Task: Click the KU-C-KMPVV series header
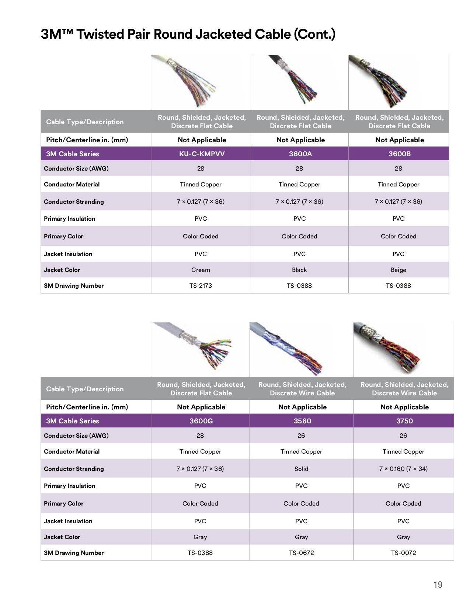tap(201, 154)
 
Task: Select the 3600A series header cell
tap(299, 154)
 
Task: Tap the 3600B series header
tap(398, 154)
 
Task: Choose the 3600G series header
tap(201, 421)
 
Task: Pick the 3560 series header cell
tap(302, 421)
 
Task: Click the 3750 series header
tap(404, 421)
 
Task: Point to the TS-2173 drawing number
tap(201, 286)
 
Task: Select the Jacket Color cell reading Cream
tap(201, 270)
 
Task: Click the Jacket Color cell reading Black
tap(299, 270)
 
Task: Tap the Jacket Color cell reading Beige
tap(398, 270)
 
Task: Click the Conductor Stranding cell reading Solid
tap(302, 469)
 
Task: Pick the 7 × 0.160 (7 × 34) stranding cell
tap(404, 469)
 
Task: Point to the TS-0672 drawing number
tap(302, 553)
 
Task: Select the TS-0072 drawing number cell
tap(404, 553)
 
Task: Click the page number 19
tap(438, 585)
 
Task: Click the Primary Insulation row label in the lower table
tap(70, 486)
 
